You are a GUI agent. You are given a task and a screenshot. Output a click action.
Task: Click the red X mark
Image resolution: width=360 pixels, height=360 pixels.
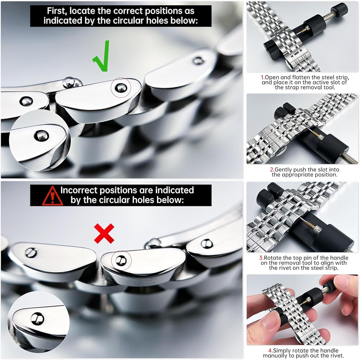click(x=104, y=234)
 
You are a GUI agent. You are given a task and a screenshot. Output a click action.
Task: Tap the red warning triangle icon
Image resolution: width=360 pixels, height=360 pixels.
click(x=52, y=196)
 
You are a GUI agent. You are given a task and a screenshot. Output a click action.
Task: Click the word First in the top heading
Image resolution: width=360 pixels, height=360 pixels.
click(x=57, y=11)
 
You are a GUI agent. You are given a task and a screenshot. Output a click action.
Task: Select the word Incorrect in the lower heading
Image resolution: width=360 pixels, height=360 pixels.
click(x=79, y=190)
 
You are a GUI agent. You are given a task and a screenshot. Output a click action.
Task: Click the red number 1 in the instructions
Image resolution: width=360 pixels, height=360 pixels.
click(x=263, y=77)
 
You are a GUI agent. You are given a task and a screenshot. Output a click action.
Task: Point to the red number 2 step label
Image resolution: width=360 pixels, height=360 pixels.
click(x=272, y=170)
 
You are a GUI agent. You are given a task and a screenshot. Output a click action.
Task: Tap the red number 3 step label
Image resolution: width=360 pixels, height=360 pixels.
click(x=261, y=258)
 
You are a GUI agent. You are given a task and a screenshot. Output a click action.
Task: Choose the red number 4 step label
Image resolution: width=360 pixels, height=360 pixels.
click(x=271, y=351)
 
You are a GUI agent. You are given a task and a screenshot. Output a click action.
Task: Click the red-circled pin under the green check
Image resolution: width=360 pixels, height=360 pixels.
click(x=121, y=87)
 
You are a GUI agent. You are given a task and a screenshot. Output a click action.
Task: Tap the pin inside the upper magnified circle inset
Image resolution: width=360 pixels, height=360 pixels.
click(x=41, y=136)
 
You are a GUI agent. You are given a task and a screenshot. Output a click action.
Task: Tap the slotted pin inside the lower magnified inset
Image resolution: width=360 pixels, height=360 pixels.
click(x=37, y=319)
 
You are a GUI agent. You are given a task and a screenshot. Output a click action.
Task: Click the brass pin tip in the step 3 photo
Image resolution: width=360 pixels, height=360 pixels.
click(x=305, y=221)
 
